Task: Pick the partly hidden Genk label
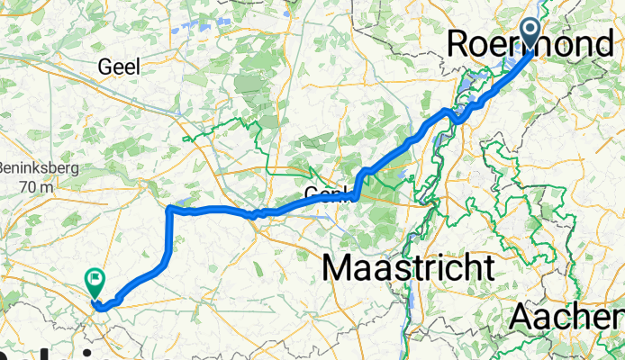(x=325, y=193)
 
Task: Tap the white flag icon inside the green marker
(x=94, y=280)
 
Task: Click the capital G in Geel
(x=104, y=67)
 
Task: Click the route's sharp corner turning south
(x=170, y=209)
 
